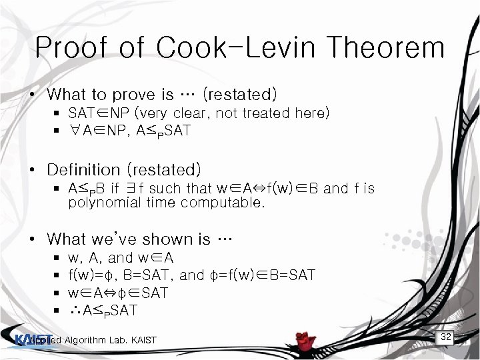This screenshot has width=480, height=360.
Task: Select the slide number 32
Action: pyautogui.click(x=446, y=337)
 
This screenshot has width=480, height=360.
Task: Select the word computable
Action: pyautogui.click(x=229, y=203)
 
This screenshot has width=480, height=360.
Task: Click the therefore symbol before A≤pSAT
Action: pyautogui.click(x=75, y=310)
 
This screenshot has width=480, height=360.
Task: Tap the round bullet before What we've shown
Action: pyautogui.click(x=32, y=239)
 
